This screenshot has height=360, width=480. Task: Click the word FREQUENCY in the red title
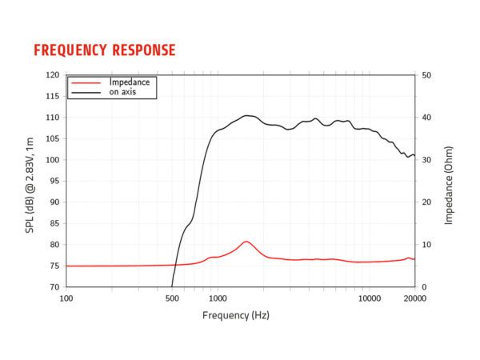tap(71, 50)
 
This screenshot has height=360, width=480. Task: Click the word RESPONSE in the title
tap(145, 50)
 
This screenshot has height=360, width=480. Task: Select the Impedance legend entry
tap(129, 82)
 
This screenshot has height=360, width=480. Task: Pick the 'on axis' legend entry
tap(123, 91)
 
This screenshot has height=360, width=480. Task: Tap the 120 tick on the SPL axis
tap(53, 75)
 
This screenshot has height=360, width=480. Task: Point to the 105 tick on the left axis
tap(53, 138)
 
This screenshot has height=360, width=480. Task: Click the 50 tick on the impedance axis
tap(427, 75)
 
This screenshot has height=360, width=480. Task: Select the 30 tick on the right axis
tap(427, 160)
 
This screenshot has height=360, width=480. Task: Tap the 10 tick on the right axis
tap(427, 245)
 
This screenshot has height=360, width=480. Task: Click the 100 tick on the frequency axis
tap(66, 298)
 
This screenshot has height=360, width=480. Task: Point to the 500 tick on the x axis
tap(172, 298)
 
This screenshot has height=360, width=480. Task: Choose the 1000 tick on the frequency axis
tap(218, 298)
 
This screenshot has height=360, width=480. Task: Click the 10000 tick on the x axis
tap(369, 298)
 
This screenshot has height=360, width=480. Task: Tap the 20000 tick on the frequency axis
tap(414, 298)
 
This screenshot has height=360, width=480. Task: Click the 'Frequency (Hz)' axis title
tap(236, 315)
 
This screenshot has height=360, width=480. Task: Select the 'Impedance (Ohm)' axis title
tap(450, 181)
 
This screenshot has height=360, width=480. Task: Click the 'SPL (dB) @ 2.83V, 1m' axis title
tap(30, 181)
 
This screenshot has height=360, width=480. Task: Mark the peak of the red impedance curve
tap(246, 241)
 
